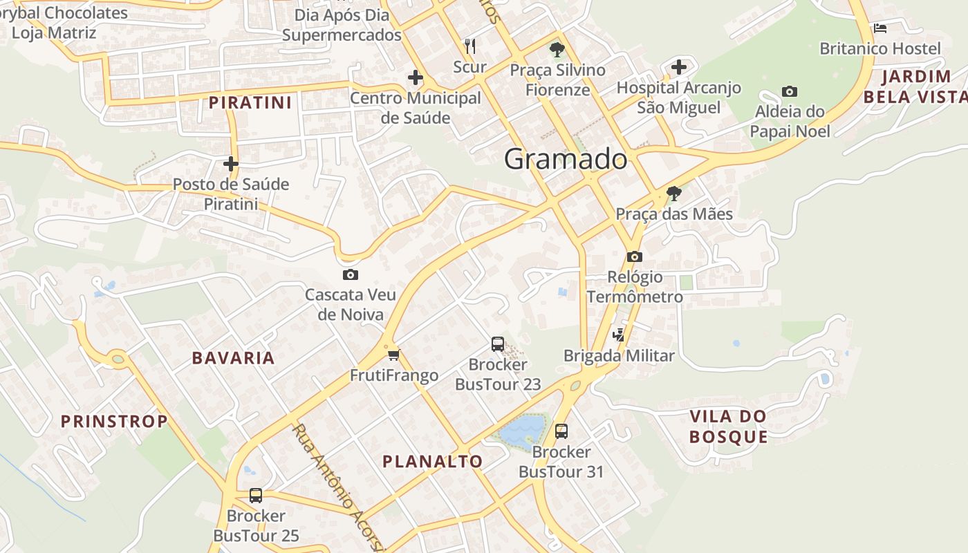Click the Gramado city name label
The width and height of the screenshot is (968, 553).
pyautogui.click(x=566, y=159)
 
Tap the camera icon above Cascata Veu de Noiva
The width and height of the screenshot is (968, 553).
pyautogui.click(x=351, y=275)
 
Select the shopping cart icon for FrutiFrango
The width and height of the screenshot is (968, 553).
pyautogui.click(x=393, y=355)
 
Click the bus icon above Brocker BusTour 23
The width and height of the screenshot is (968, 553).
pyautogui.click(x=497, y=344)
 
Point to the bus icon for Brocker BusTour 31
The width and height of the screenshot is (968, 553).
pyautogui.click(x=561, y=431)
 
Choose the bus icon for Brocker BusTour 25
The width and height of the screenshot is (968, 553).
pyautogui.click(x=256, y=495)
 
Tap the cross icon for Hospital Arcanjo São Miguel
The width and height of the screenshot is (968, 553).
pyautogui.click(x=679, y=67)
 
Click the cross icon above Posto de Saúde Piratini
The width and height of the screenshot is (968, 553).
pyautogui.click(x=231, y=164)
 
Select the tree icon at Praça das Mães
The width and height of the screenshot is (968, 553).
pyautogui.click(x=673, y=194)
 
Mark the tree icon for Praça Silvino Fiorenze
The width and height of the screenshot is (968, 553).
pyautogui.click(x=557, y=50)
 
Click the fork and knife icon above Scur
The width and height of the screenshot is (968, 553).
pyautogui.click(x=470, y=46)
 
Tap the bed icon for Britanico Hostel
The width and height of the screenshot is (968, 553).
pyautogui.click(x=880, y=28)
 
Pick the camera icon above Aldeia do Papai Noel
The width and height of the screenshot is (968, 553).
pyautogui.click(x=789, y=91)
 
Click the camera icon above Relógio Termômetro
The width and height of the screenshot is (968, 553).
pyautogui.click(x=634, y=257)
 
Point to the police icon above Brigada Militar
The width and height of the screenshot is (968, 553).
pyautogui.click(x=619, y=335)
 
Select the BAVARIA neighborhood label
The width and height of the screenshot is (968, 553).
pyautogui.click(x=233, y=358)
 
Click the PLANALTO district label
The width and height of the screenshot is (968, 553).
pyautogui.click(x=432, y=461)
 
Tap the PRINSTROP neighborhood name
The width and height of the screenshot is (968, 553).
pyautogui.click(x=114, y=421)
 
